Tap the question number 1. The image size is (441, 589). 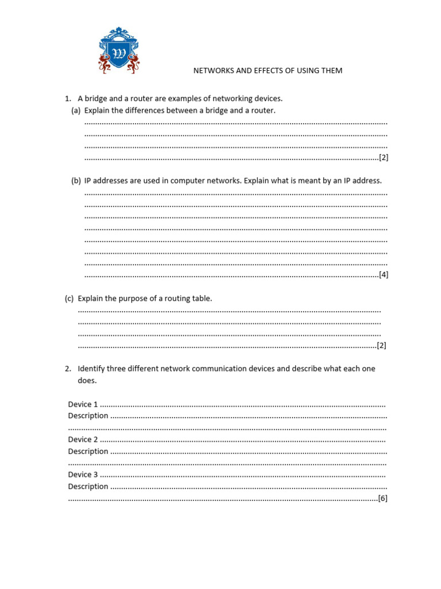(x=67, y=98)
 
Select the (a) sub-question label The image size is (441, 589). (x=76, y=110)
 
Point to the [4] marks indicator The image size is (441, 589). (x=384, y=275)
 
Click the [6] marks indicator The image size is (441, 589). (x=383, y=499)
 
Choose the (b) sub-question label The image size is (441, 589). (x=76, y=181)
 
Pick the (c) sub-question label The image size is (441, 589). (x=69, y=299)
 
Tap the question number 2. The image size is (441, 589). (x=67, y=369)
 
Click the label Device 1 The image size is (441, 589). (x=83, y=404)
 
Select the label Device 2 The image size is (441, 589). (x=83, y=439)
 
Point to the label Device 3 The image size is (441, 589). (x=83, y=475)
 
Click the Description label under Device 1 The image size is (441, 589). (x=88, y=416)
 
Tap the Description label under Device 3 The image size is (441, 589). (x=88, y=487)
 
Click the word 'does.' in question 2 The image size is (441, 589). (x=87, y=381)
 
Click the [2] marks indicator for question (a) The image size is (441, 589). (x=384, y=158)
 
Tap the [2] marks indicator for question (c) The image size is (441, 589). (x=381, y=346)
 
